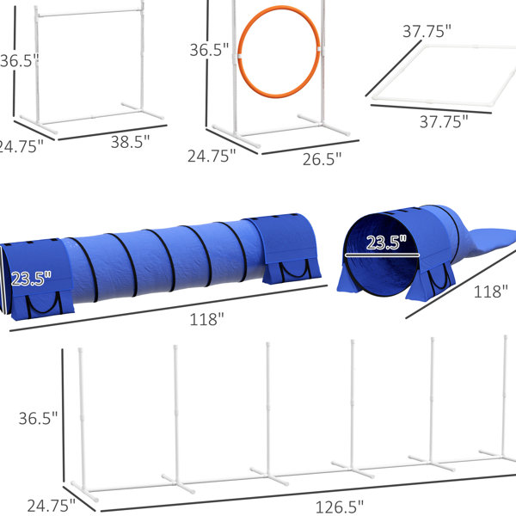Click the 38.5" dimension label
point(130,142)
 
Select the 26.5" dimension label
point(322,159)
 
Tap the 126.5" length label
point(340,507)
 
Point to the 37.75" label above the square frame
point(427,31)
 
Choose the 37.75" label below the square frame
point(444,122)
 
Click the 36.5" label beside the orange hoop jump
point(209,50)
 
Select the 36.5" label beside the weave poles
point(38,418)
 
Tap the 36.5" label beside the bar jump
point(19,61)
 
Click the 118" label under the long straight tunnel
point(206,320)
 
